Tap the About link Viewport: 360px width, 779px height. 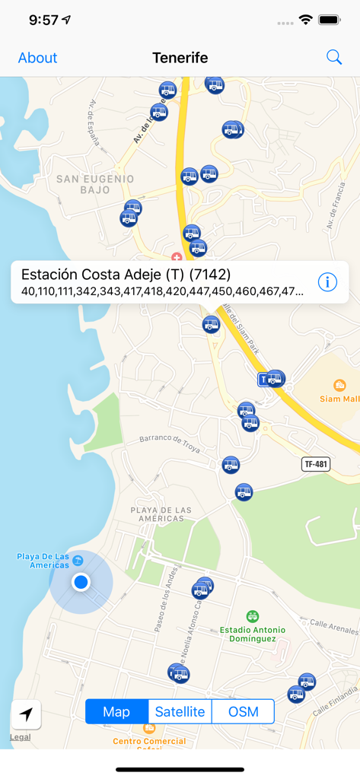tap(37, 58)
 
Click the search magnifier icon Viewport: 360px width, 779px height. tap(334, 57)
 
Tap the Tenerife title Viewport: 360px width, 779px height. tap(180, 58)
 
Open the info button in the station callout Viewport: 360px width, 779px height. tap(327, 282)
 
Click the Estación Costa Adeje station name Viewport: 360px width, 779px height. tap(126, 275)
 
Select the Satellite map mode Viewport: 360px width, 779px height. tap(180, 712)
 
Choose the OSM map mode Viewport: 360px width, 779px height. tap(243, 712)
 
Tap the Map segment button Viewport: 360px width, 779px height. tap(116, 712)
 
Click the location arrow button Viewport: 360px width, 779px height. tap(26, 714)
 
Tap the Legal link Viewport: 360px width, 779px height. tap(21, 737)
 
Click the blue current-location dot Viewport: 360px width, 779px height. tap(81, 582)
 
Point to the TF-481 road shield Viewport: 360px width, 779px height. tap(316, 463)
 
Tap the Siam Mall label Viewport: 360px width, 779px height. tap(339, 398)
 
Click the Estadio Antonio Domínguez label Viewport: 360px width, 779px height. tap(253, 634)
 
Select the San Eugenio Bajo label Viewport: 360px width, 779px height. tap(95, 184)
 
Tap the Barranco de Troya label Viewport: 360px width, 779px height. tap(169, 444)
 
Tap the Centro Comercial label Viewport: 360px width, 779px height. tap(148, 740)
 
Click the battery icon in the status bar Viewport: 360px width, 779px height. tap(330, 20)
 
